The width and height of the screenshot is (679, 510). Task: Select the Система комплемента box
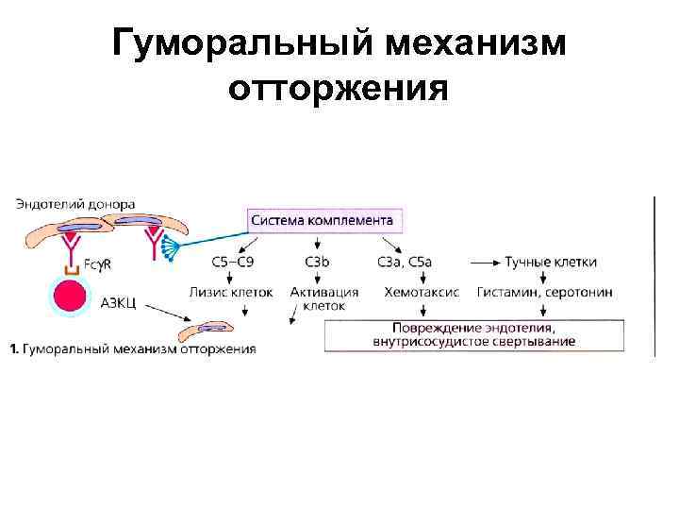322,220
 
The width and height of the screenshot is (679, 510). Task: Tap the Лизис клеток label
232,292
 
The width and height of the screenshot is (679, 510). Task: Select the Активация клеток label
324,298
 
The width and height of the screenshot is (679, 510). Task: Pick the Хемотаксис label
422,292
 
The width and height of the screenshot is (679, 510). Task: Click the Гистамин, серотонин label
545,292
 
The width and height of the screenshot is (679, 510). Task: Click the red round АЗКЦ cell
70,297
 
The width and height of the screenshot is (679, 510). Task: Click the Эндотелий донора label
75,203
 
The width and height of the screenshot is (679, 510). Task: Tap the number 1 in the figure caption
13,349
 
